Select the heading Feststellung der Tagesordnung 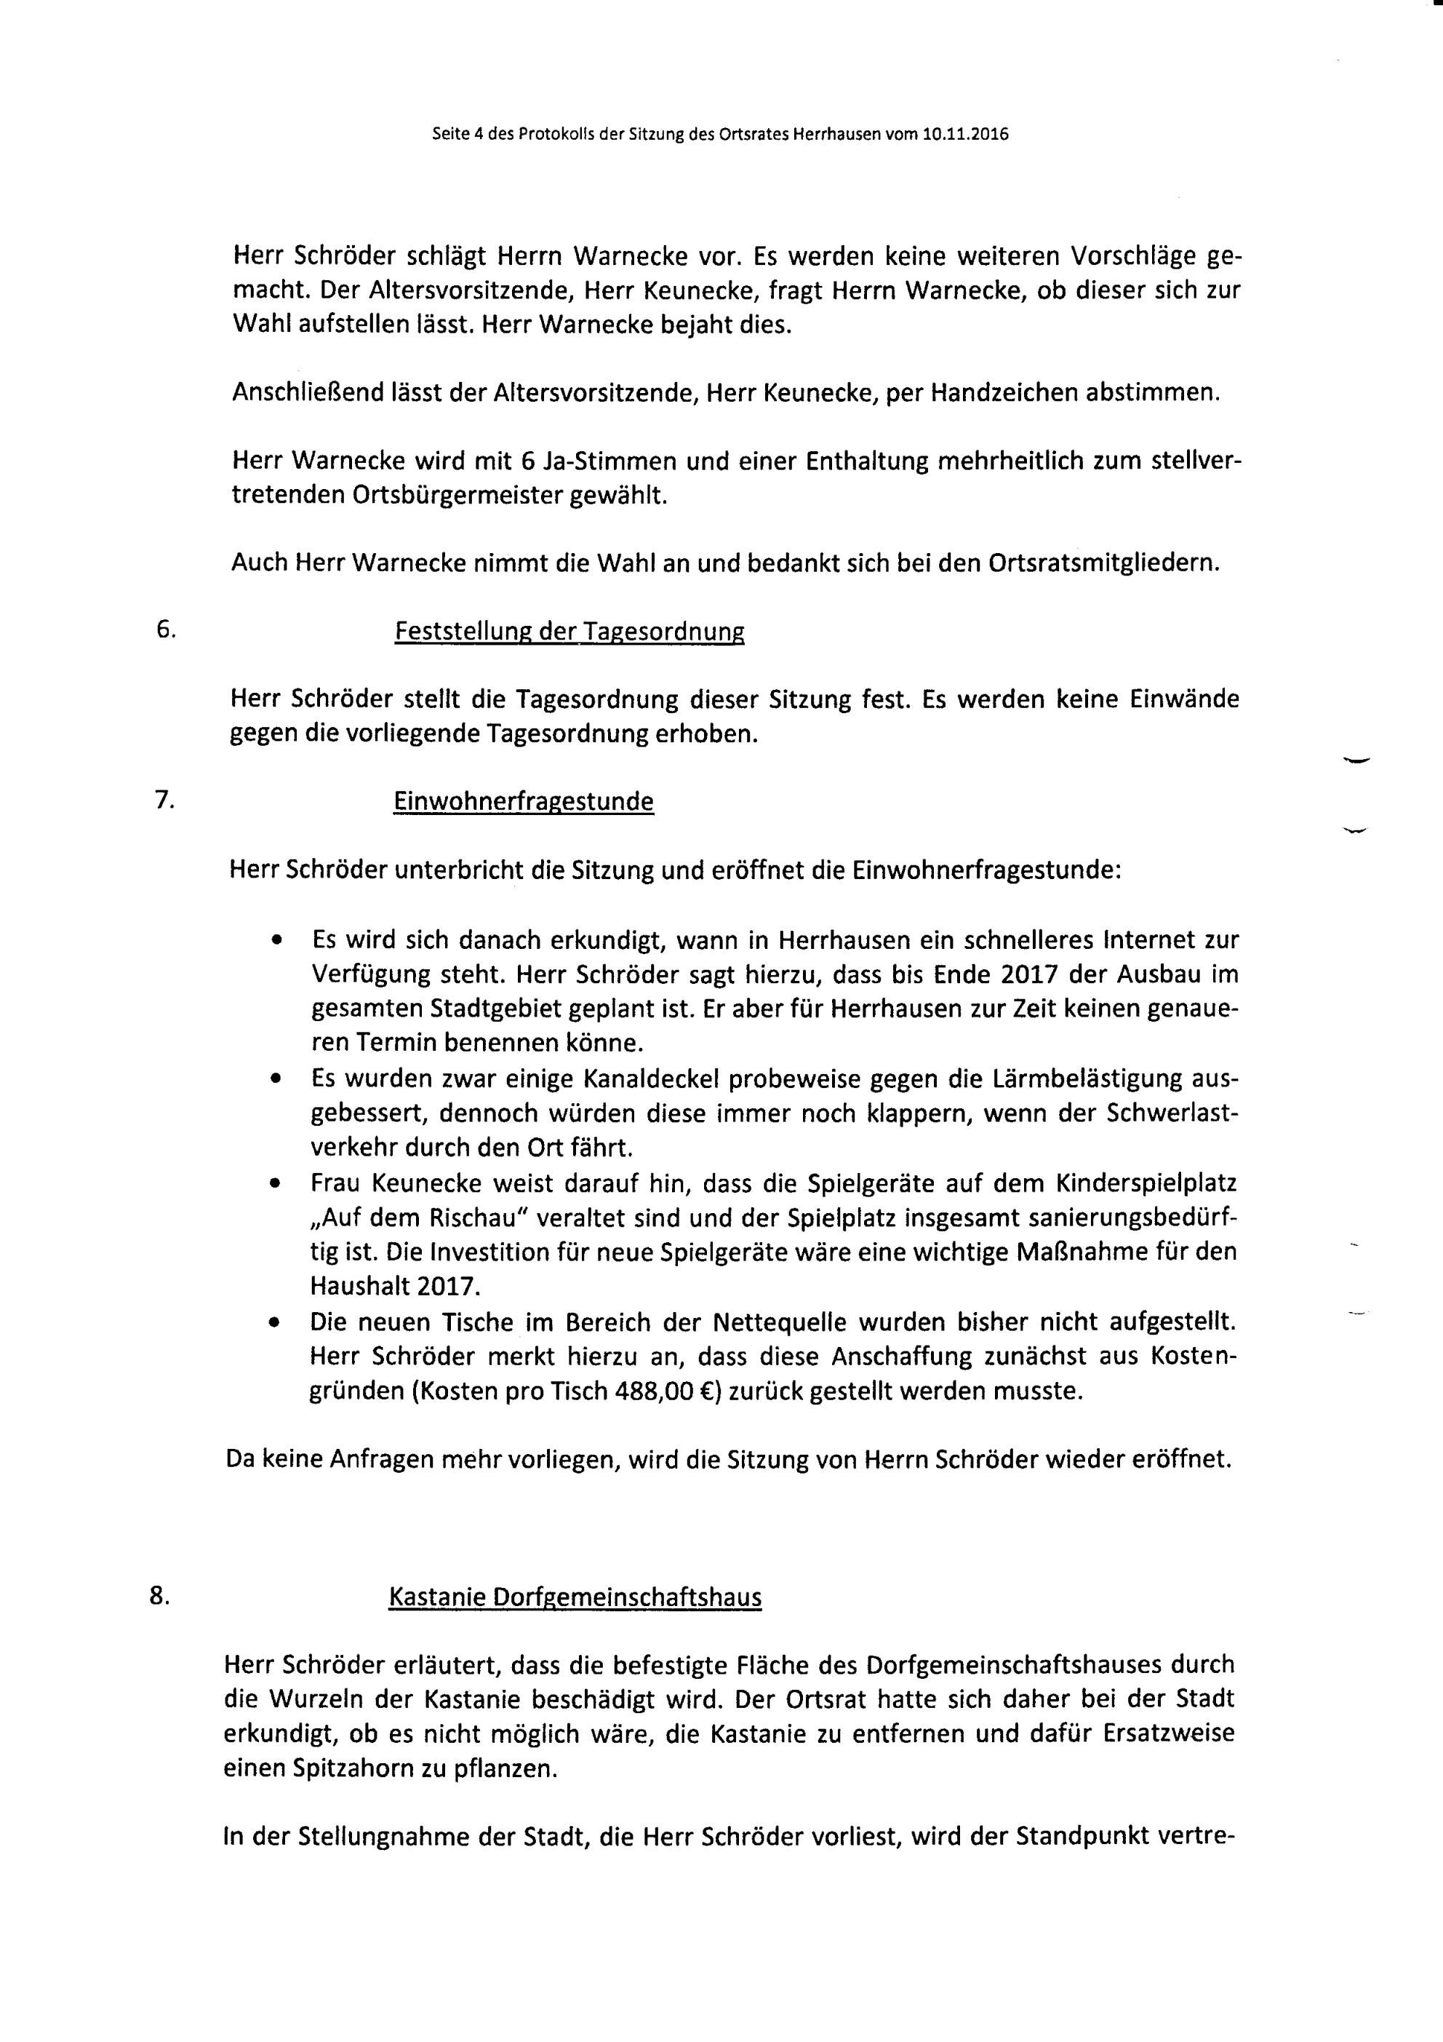click(569, 632)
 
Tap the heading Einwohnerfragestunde click(523, 802)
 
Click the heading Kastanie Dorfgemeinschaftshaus click(575, 1597)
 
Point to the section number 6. click(165, 629)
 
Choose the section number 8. click(159, 1595)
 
